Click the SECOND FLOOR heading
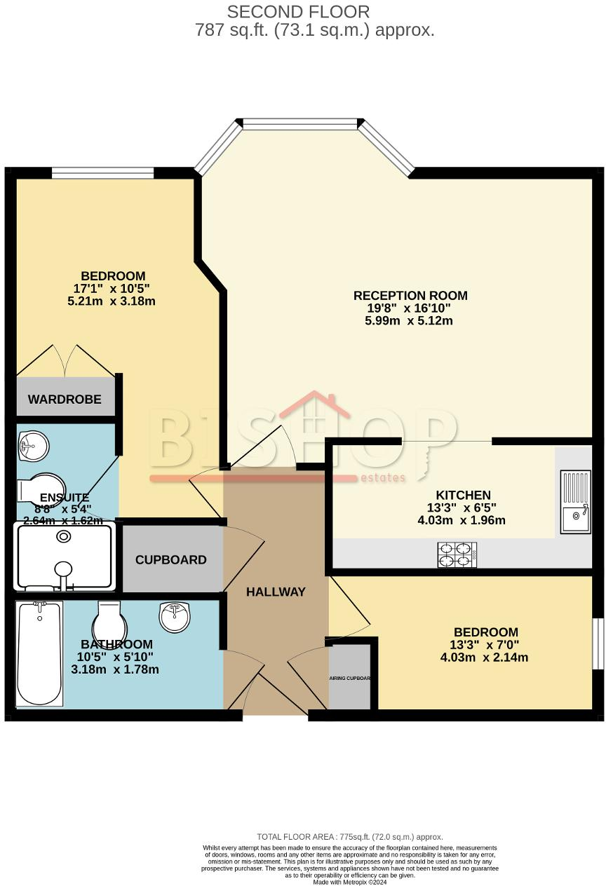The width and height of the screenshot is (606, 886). coord(298,12)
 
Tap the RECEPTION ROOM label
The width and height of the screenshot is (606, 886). coord(410,295)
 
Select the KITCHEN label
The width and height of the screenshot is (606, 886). coord(464,495)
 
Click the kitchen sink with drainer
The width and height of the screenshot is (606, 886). coord(576,502)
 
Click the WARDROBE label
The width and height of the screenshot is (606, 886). coord(65,400)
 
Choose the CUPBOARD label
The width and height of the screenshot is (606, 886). coord(170,559)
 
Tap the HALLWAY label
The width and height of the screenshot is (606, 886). coord(276,592)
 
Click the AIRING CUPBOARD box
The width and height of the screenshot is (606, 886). coord(349,678)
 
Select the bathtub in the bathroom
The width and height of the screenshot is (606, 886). coord(39,653)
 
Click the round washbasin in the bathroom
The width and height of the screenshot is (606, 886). coord(175,617)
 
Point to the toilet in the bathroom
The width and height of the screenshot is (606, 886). coord(109,620)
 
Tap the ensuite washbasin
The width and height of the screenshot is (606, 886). coord(32,444)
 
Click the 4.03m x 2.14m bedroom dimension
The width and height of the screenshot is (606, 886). coord(484,657)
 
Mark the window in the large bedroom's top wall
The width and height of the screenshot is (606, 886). coord(102,172)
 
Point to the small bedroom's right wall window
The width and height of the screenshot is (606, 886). coord(597,644)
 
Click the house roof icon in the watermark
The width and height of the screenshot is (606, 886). coord(314,407)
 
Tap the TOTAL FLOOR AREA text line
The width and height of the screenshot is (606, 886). coord(349,837)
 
